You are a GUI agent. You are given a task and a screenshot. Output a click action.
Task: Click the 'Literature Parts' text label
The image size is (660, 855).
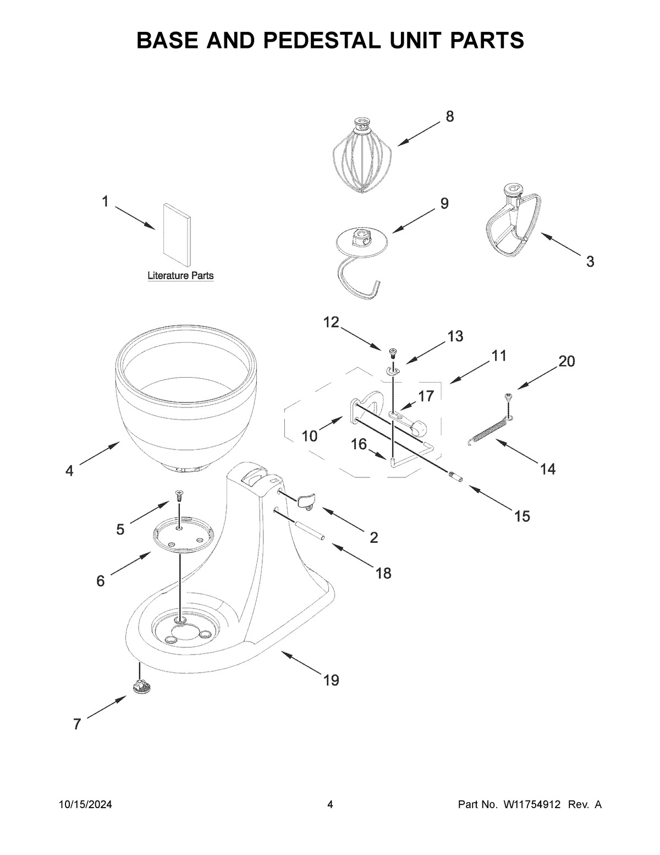(180, 275)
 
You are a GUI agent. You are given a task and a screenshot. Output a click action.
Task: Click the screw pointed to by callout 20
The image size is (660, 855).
(508, 395)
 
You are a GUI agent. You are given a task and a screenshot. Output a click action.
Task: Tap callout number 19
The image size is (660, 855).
(331, 680)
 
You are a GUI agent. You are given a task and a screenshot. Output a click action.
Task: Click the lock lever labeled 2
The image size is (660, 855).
(305, 499)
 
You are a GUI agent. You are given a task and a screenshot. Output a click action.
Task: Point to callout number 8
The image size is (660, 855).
(449, 117)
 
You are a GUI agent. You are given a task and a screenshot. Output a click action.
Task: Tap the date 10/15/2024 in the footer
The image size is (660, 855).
(85, 805)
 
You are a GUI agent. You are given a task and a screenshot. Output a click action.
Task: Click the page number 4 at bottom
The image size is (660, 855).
(330, 805)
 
